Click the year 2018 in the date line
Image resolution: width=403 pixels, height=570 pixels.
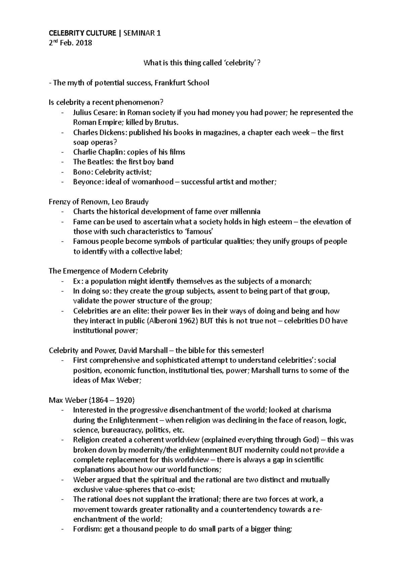[84, 43]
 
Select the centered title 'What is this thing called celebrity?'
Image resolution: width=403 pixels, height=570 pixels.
[201, 63]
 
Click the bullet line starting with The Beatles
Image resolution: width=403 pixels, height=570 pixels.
[123, 162]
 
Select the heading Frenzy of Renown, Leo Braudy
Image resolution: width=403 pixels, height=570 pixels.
[99, 202]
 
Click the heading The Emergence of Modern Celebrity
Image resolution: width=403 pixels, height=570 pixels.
[108, 271]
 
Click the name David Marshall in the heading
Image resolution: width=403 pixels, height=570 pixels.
[143, 350]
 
